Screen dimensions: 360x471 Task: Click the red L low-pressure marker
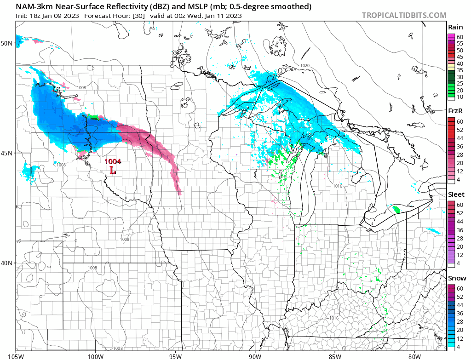pyautogui.click(x=113, y=170)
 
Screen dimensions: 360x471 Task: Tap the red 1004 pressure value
pyautogui.click(x=113, y=161)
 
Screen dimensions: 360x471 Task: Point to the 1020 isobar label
pyautogui.click(x=304, y=66)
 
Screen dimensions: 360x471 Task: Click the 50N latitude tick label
pyautogui.click(x=7, y=43)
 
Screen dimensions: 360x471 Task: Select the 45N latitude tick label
pyautogui.click(x=7, y=153)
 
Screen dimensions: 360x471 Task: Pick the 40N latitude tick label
pyautogui.click(x=7, y=263)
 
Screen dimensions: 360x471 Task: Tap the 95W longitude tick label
pyautogui.click(x=175, y=355)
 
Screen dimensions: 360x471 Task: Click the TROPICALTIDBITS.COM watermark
pyautogui.click(x=404, y=15)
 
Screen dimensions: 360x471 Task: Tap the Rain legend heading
pyautogui.click(x=455, y=27)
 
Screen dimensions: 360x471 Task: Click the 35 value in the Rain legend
pyautogui.click(x=460, y=70)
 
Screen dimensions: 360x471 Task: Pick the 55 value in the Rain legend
pyautogui.click(x=460, y=43)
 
